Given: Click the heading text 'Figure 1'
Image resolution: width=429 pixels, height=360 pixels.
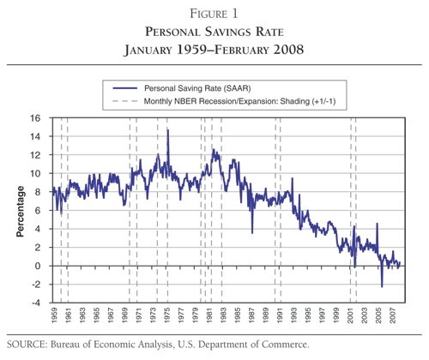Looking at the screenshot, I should (x=214, y=13).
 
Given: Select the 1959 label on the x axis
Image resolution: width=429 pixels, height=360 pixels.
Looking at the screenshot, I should (x=55, y=316).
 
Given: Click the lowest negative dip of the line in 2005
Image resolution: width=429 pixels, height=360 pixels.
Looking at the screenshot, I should (x=382, y=286).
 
